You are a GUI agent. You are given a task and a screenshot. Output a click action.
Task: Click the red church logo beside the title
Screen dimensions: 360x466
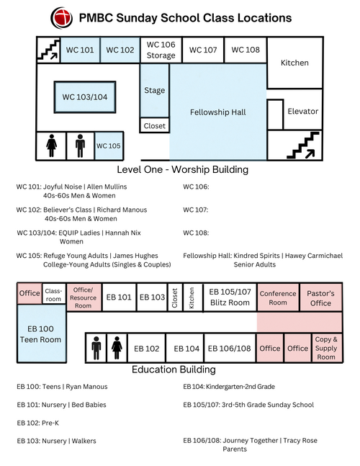(x=61, y=18)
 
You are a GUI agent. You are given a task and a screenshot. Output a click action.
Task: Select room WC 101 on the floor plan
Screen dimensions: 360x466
(x=80, y=50)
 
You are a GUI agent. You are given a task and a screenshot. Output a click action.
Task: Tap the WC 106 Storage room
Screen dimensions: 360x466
(x=161, y=50)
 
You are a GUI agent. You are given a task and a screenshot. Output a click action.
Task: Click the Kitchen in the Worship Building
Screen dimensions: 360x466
(x=295, y=63)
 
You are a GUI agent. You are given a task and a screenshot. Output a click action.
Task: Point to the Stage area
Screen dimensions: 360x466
(x=155, y=90)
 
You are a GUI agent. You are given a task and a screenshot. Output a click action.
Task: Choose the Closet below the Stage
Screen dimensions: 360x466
(x=155, y=126)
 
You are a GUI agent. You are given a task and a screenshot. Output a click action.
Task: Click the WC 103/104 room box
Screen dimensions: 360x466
(x=85, y=97)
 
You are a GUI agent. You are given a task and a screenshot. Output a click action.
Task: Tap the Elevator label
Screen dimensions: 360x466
(x=302, y=112)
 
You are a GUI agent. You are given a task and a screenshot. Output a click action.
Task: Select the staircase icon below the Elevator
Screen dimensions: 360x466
(x=302, y=145)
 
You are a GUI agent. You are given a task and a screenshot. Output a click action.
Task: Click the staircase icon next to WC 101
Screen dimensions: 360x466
(x=48, y=50)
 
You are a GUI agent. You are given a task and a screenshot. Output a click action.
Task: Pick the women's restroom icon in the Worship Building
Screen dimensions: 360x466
(x=52, y=145)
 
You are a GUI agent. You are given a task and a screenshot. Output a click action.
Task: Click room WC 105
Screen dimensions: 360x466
(x=109, y=146)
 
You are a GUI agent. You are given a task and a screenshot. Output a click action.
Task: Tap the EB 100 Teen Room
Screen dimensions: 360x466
(x=41, y=334)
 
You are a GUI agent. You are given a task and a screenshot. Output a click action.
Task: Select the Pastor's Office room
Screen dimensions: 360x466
(x=321, y=297)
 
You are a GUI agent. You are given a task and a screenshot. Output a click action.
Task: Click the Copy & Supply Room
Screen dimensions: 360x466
(x=327, y=348)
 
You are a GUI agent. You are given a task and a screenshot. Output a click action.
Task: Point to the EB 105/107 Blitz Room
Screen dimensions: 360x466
(x=230, y=297)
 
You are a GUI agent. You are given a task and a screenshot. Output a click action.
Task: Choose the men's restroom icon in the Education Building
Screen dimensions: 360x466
(x=96, y=348)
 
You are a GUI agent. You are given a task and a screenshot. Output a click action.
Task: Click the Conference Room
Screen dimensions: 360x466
(x=278, y=297)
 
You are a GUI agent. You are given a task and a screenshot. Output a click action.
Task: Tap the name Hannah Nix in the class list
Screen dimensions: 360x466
(x=123, y=233)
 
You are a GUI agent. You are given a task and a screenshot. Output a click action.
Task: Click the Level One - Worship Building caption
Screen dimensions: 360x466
(x=183, y=170)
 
